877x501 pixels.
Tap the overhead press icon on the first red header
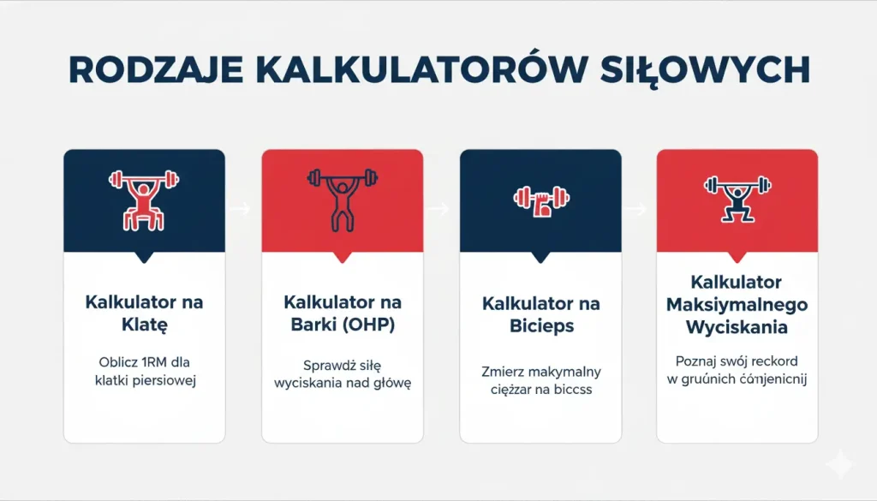(x=342, y=197)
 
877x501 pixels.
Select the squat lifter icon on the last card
(x=737, y=197)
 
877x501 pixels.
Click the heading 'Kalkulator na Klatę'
(x=144, y=314)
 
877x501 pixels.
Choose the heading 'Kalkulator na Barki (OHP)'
(x=342, y=314)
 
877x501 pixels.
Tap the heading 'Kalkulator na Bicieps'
(x=540, y=314)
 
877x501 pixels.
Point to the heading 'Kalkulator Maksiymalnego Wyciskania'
(x=737, y=305)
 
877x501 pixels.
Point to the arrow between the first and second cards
(x=243, y=208)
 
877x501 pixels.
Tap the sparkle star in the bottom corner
(x=840, y=465)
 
